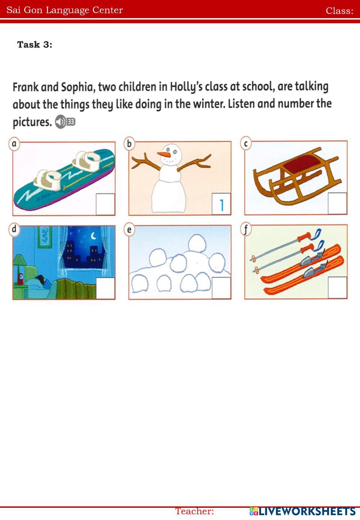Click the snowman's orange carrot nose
tap(163, 154)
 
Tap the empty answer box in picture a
tap(105, 204)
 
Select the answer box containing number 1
tap(221, 204)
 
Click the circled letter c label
tap(246, 143)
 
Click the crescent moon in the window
tap(94, 236)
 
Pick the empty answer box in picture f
tap(337, 288)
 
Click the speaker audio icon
tap(60, 122)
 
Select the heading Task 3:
tap(35, 45)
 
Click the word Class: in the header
tap(339, 11)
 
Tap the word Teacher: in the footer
tap(194, 511)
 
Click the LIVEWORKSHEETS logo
tap(302, 511)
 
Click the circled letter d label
tap(14, 230)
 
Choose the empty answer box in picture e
tap(221, 288)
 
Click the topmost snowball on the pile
tap(197, 243)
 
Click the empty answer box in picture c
tap(337, 203)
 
